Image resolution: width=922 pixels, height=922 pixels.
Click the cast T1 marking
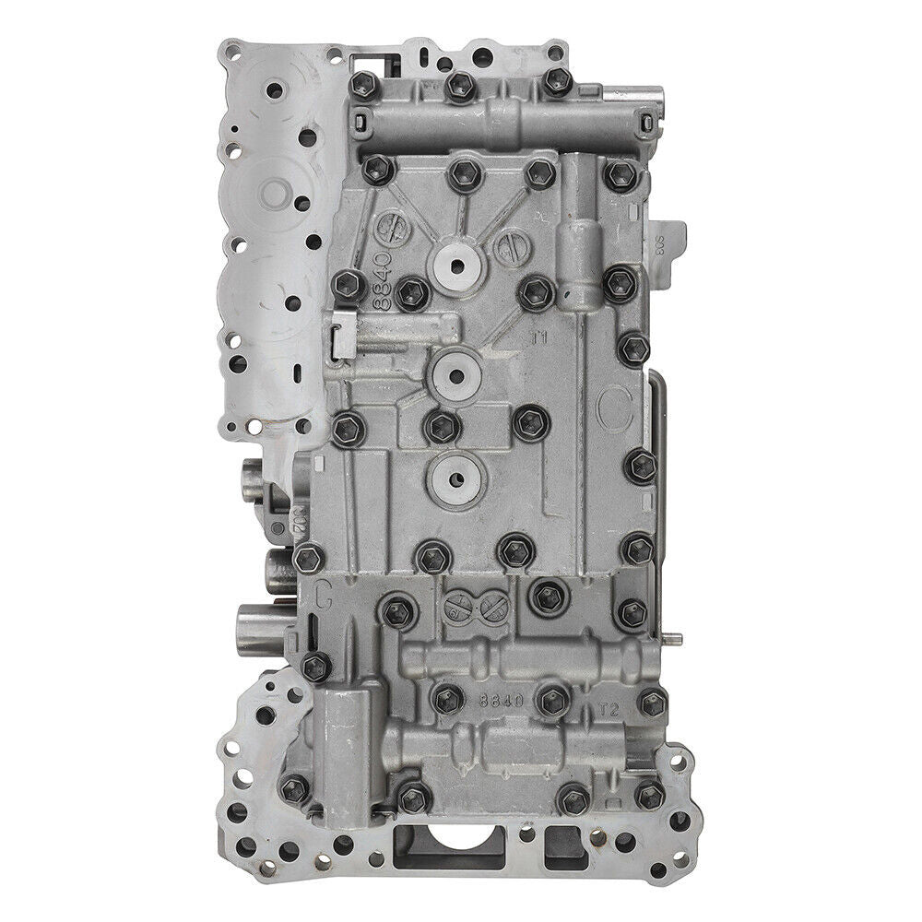pos(539,338)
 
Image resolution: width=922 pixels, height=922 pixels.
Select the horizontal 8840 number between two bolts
pos(501,701)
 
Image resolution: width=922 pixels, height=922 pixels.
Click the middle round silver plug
pos(456,372)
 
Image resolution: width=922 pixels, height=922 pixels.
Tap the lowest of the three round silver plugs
pos(452,474)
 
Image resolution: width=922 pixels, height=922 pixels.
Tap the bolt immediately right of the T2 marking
pos(652,703)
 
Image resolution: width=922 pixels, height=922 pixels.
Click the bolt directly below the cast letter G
pos(315,664)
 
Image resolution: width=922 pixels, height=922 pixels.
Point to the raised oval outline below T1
pos(611,407)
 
